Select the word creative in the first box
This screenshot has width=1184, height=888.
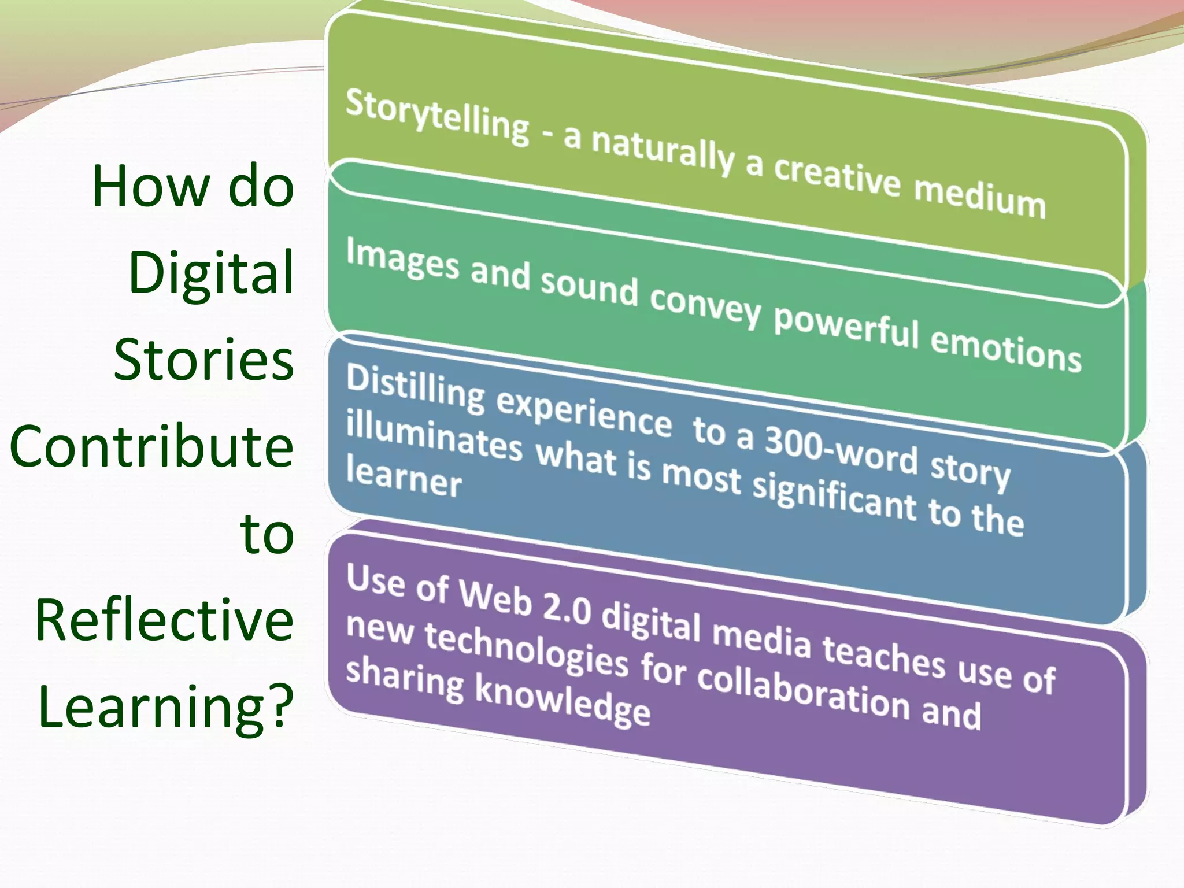pyautogui.click(x=837, y=175)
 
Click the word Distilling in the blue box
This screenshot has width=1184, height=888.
pyautogui.click(x=415, y=388)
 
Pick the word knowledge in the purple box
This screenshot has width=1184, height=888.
pyautogui.click(x=562, y=701)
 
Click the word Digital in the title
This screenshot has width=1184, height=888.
pyautogui.click(x=211, y=273)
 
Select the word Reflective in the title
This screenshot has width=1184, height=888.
pyautogui.click(x=164, y=619)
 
